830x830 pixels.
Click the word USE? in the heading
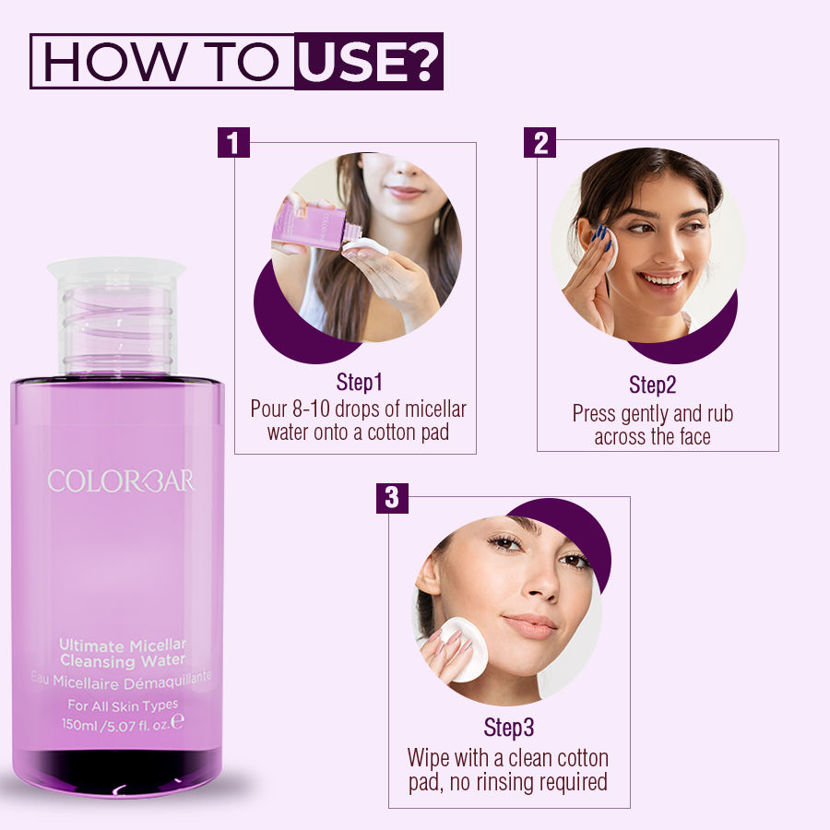(x=369, y=62)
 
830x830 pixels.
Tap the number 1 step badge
(x=234, y=143)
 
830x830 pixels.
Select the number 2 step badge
(x=540, y=142)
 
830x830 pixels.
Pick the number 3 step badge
(x=392, y=498)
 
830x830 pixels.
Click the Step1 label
(x=359, y=383)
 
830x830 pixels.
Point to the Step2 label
(x=652, y=385)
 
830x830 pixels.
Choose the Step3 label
(x=509, y=728)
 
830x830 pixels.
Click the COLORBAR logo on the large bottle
(x=121, y=480)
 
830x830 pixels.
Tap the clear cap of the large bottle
(x=116, y=314)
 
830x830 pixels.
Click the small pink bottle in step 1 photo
(x=309, y=227)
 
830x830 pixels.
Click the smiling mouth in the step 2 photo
(x=661, y=279)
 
